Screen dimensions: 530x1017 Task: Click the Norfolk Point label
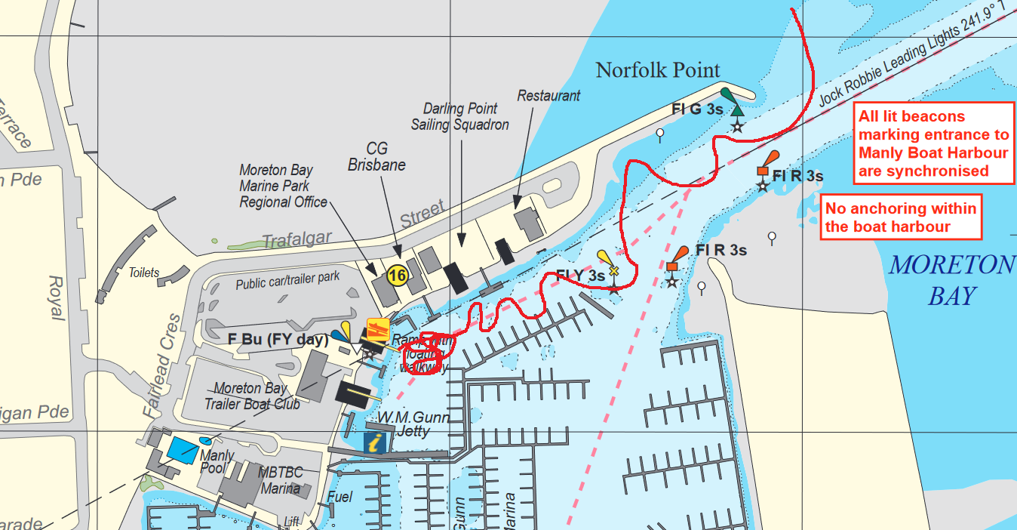(x=658, y=70)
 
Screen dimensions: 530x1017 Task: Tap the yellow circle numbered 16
(x=397, y=276)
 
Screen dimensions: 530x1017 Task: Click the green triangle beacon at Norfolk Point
(x=737, y=109)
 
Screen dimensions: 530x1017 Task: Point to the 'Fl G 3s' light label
(x=697, y=109)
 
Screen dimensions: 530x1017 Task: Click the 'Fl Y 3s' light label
(x=580, y=276)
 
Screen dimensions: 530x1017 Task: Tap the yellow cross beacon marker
(x=613, y=270)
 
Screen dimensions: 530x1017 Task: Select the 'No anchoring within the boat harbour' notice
(x=901, y=217)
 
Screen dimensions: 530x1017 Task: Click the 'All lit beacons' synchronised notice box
(x=933, y=143)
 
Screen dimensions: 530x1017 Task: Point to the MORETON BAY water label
(x=952, y=279)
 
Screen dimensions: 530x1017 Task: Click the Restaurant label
(x=548, y=96)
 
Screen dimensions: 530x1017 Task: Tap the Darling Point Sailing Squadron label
(x=459, y=117)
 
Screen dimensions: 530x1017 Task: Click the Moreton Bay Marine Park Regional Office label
(x=283, y=186)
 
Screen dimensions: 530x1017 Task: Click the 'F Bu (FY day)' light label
(x=278, y=339)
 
